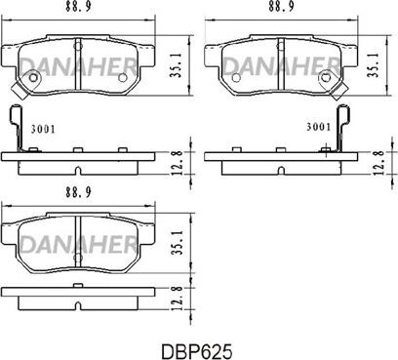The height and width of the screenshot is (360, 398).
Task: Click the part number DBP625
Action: pos(197,351)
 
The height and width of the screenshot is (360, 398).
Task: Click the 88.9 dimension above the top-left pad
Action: pos(78,7)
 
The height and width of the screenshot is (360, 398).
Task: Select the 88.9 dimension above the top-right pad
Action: pos(281,7)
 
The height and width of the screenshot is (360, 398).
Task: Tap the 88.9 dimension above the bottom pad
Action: pos(78,192)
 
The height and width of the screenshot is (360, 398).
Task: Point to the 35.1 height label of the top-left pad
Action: pos(176,66)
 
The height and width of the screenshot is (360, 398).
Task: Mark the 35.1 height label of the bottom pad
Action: pos(176,242)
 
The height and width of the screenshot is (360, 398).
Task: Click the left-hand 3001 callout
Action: pos(43,130)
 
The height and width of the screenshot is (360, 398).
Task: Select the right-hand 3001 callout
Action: pos(319,127)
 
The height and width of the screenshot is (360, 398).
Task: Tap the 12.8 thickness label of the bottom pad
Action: pos(178,299)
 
